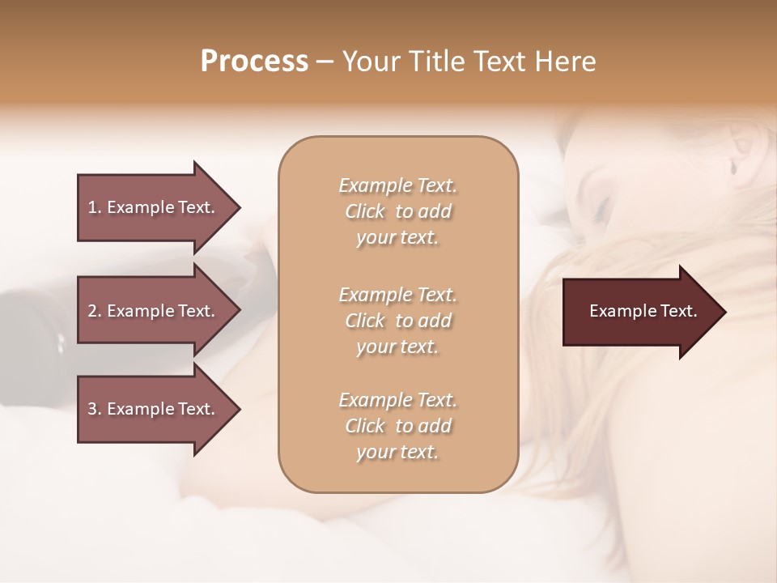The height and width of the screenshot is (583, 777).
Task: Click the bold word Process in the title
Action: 254,62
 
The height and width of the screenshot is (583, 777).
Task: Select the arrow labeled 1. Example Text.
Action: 154,207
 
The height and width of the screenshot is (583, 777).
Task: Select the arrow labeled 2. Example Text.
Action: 154,311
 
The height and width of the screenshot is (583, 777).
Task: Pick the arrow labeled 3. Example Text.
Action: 154,409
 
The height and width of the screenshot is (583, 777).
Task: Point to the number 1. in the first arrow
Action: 95,207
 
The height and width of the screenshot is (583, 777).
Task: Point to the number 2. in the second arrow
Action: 95,311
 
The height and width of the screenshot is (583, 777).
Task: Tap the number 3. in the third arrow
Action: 95,409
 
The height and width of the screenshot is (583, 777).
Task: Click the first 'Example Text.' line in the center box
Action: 397,185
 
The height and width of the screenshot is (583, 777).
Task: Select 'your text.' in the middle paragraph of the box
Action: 397,347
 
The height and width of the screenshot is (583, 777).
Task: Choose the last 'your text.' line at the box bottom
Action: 397,452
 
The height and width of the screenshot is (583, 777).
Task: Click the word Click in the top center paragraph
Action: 364,211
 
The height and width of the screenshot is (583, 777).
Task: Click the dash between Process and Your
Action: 325,62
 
